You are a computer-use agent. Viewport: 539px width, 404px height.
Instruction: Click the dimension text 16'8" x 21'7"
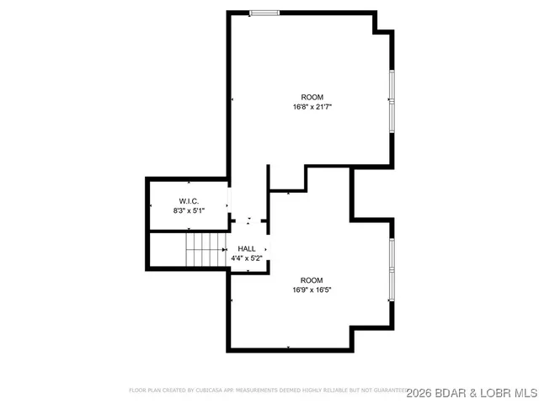click(x=312, y=108)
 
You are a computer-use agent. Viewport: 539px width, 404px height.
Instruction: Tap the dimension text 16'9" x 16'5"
click(x=312, y=290)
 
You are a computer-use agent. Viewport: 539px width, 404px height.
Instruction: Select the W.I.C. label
click(x=188, y=200)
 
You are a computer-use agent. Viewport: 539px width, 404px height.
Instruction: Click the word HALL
click(x=247, y=248)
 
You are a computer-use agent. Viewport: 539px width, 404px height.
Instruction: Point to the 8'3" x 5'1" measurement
click(x=189, y=210)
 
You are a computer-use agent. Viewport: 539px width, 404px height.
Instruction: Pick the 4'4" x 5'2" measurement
click(x=248, y=258)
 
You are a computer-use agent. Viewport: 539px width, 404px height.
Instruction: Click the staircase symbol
click(x=205, y=250)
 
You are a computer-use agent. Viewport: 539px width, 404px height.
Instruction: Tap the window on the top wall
click(x=264, y=13)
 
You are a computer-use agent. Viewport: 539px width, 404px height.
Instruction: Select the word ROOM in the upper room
click(x=312, y=98)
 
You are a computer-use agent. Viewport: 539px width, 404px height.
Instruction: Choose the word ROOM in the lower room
click(x=312, y=280)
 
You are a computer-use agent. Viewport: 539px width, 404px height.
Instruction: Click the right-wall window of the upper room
click(x=391, y=99)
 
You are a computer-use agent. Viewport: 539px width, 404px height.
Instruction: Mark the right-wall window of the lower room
click(x=391, y=269)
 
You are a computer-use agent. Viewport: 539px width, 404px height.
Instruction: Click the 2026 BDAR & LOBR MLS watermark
click(x=472, y=392)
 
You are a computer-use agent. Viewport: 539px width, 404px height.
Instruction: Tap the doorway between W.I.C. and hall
click(x=228, y=205)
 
